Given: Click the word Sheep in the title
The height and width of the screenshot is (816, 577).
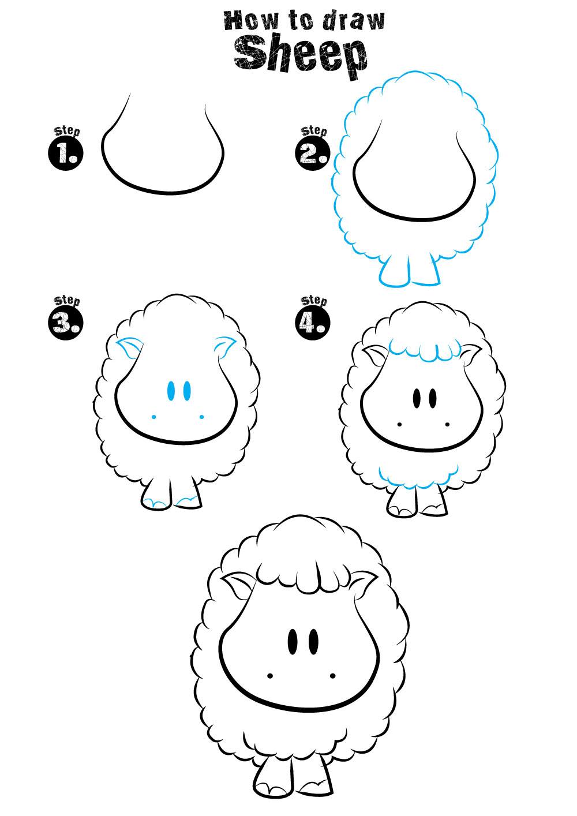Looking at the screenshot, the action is point(301,58).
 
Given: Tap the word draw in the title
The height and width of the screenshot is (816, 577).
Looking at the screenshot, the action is point(354,21).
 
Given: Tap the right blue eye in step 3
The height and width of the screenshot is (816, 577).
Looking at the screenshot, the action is point(187,391).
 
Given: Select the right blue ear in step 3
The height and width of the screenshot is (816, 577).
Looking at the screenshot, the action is point(225,347).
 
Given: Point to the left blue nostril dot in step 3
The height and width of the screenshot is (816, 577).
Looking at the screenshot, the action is point(153,417).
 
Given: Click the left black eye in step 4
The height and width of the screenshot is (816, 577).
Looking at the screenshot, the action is point(417,399).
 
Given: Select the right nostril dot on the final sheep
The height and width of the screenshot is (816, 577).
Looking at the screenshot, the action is point(332,676).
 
